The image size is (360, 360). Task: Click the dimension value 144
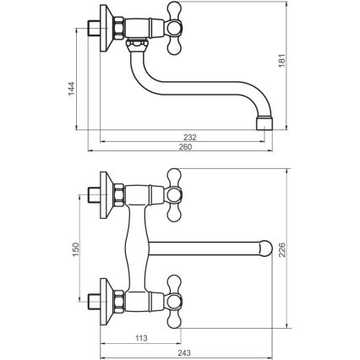coord(73,89)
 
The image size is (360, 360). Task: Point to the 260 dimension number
coord(185,147)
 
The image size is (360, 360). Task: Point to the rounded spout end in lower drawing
coord(265,249)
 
